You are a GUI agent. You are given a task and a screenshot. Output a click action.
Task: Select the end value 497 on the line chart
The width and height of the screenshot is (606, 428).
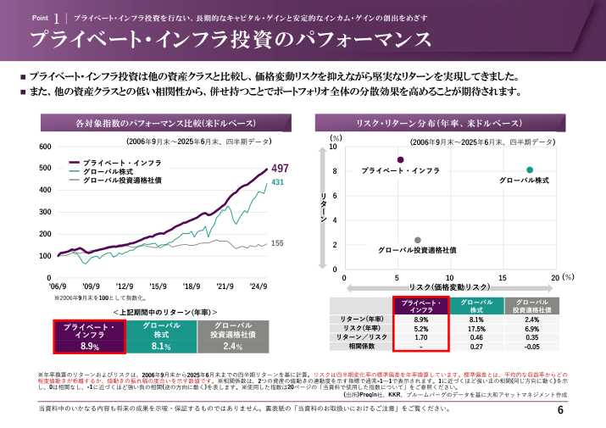point(280,169)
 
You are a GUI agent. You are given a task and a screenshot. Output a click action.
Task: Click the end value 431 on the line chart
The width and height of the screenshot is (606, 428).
point(277,182)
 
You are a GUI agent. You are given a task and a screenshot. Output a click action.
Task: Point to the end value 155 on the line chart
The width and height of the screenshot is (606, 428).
point(277,243)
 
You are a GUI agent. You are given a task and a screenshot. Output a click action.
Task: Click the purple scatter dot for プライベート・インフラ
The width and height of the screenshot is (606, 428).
point(400,159)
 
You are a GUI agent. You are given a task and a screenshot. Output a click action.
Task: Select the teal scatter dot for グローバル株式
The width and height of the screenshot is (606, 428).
point(530,170)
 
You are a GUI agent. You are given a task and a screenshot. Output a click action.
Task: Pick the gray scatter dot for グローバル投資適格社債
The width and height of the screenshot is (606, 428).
point(418,240)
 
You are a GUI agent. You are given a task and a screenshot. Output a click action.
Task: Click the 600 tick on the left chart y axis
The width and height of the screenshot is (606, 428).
point(45,147)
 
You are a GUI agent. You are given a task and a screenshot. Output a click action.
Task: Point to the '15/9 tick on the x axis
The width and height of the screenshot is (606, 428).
point(158,286)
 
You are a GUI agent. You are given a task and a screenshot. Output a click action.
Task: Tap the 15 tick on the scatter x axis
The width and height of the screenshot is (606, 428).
point(503,278)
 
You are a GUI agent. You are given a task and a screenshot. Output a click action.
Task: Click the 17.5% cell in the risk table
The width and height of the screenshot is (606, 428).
point(476,328)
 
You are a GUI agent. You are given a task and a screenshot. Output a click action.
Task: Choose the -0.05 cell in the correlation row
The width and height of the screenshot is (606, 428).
point(531,347)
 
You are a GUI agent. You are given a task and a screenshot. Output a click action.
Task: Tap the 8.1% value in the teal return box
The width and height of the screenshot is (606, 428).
point(162,347)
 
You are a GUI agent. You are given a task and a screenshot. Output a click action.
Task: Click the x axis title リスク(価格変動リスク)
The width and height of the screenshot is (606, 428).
point(449,288)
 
